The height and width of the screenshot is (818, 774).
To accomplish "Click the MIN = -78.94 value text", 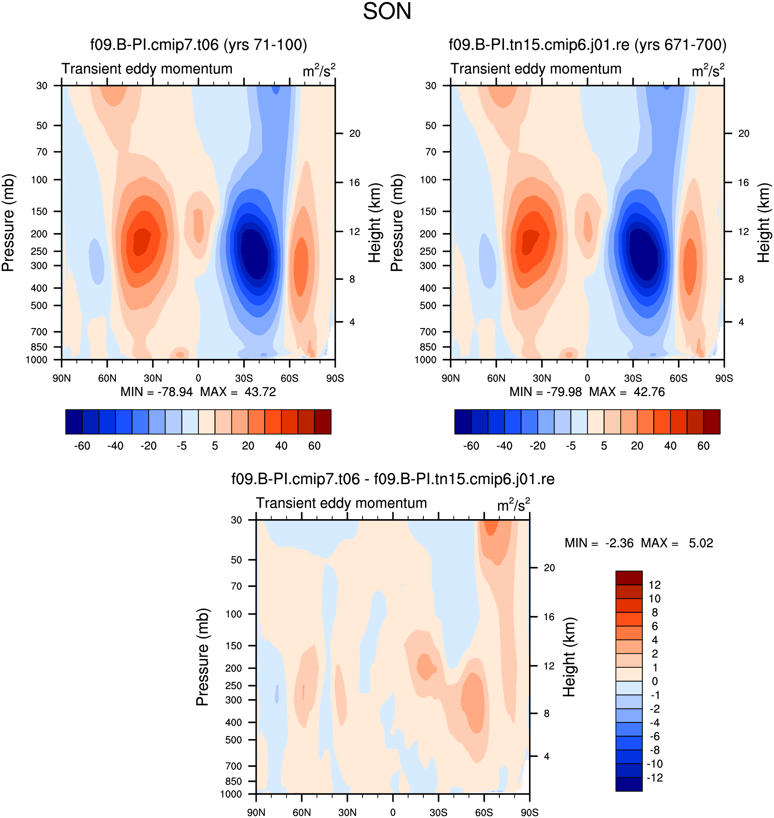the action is pos(157,392).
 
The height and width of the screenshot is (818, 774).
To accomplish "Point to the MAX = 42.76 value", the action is pos(627,392).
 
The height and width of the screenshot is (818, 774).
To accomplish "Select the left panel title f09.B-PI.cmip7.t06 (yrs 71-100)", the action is pos(198,45).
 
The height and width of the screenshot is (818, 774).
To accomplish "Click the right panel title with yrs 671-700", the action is pos(587,45).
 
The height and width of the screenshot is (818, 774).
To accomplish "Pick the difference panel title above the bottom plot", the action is pos(393,479).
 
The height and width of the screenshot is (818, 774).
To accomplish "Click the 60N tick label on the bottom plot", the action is pos(302,812).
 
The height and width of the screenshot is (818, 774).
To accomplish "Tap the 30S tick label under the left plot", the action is pos(244,378).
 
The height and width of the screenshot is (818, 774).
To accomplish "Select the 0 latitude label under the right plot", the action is pos(587,378).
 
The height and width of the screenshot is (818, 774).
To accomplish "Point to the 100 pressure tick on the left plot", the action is pos(39,179).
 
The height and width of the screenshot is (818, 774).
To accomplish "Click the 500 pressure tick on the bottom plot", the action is pos(234,739).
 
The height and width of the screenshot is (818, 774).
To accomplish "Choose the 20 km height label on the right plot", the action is pos(743,133).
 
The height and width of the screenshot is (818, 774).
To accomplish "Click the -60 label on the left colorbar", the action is pos(82,446).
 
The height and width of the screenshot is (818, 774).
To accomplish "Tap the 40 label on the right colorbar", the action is pos(670,446).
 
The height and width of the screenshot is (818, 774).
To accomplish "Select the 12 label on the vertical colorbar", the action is pos(654,585).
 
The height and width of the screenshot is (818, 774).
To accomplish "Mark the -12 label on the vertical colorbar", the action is pos(655,778).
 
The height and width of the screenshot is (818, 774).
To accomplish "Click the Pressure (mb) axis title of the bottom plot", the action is pos(202,657).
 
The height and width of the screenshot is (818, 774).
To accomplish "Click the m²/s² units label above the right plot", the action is pos(708,70).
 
